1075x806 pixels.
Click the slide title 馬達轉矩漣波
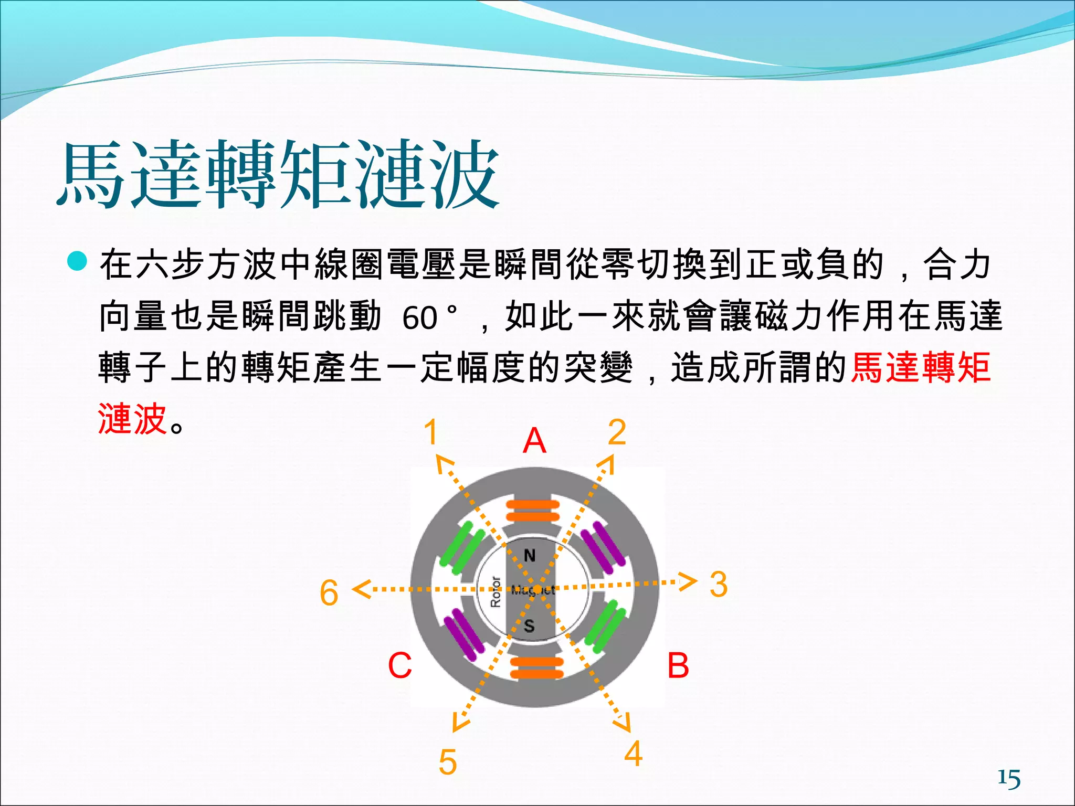(x=278, y=174)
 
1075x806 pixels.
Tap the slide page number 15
(x=1008, y=779)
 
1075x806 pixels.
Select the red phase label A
(x=534, y=441)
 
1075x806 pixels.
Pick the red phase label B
(x=678, y=665)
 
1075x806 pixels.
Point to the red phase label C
(x=399, y=665)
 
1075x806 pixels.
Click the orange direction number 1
(x=431, y=432)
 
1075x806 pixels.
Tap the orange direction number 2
(x=617, y=432)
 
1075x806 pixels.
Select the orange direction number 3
(x=719, y=584)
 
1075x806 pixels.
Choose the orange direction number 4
(x=634, y=754)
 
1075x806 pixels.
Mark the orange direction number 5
(x=448, y=762)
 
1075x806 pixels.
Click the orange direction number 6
(x=329, y=593)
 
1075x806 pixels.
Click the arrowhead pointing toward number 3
(x=688, y=581)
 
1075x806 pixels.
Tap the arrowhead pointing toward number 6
(x=362, y=589)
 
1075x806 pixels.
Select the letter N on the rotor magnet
(x=530, y=556)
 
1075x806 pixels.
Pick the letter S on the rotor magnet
(x=529, y=625)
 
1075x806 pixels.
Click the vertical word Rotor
(x=496, y=592)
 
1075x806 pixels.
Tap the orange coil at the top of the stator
(x=532, y=510)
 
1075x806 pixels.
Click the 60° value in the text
(x=428, y=317)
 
